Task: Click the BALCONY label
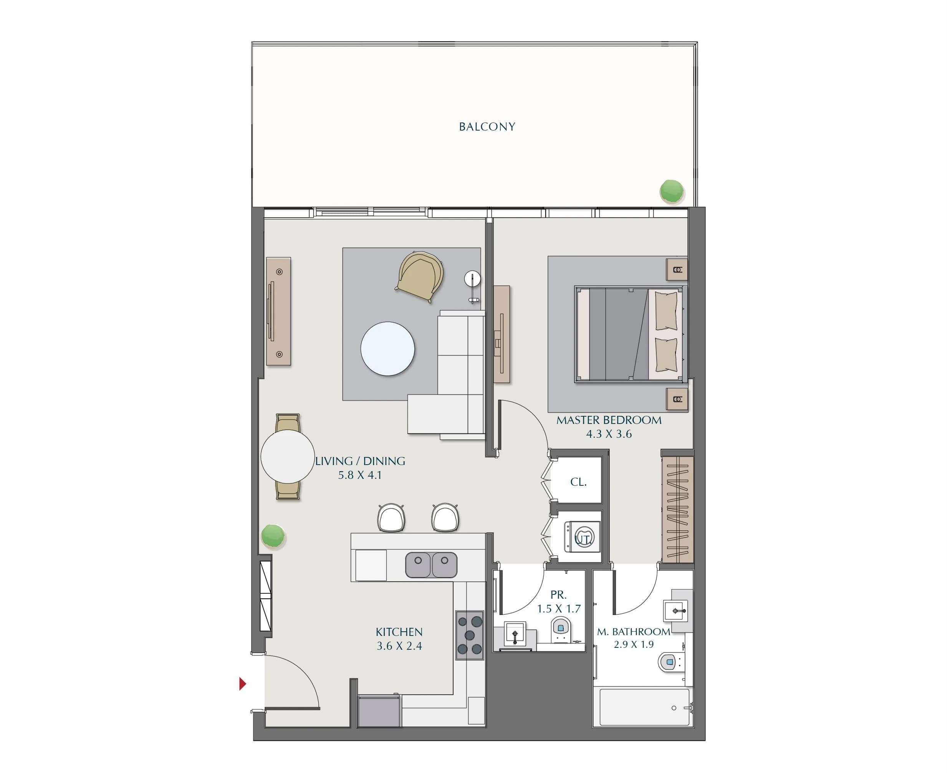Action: point(487,127)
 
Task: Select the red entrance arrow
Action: point(243,684)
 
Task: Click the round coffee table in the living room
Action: point(387,349)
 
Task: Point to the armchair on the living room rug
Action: point(419,276)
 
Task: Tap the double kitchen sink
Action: point(431,564)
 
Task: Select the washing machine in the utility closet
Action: point(582,537)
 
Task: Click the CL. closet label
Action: point(578,482)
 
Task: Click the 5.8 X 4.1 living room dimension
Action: point(360,475)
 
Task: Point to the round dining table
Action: point(288,457)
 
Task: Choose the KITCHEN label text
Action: point(399,632)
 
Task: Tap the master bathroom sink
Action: point(675,611)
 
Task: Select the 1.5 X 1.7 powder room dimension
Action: point(559,609)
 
